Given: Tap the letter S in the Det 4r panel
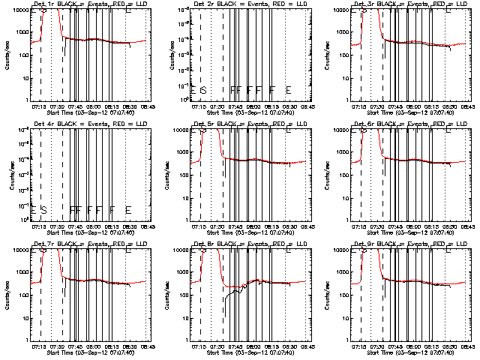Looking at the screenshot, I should pos(43,209).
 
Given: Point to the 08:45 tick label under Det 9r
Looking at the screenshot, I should pos(466,346).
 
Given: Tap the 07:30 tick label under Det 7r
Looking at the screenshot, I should pos(64,346).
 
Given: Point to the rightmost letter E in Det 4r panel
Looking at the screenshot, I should pos(129,209).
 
